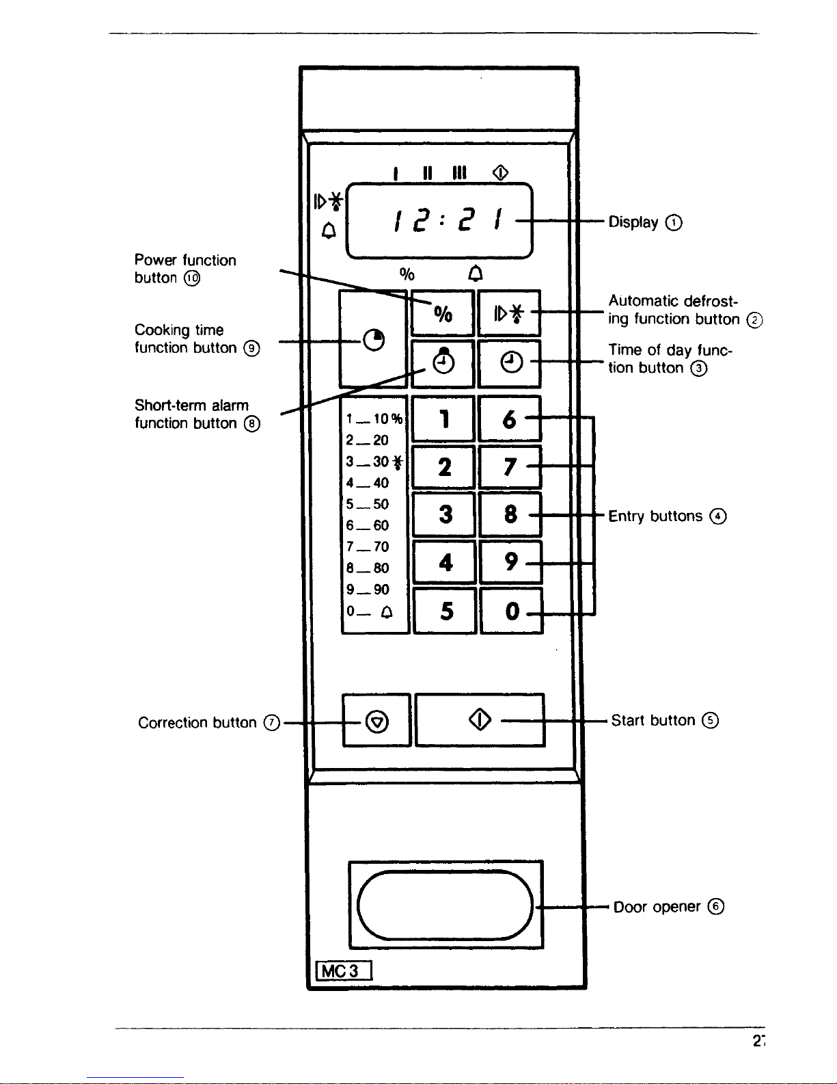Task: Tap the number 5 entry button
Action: [x=445, y=611]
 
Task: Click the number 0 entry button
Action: [x=511, y=611]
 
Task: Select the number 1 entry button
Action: [x=443, y=419]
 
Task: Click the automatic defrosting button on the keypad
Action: [x=509, y=313]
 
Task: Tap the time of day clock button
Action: [x=509, y=364]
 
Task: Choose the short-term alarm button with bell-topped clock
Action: [x=443, y=364]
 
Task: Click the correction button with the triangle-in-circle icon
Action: [x=376, y=720]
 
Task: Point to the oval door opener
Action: [x=445, y=905]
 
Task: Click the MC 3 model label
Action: [x=344, y=970]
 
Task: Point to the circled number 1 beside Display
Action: [x=674, y=222]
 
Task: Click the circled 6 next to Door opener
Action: [x=716, y=906]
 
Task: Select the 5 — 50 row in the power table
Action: [x=368, y=504]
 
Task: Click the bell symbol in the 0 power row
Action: [x=387, y=611]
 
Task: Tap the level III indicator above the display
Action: [x=459, y=172]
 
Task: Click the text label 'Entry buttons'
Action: [x=655, y=516]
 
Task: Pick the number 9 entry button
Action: [x=510, y=561]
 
